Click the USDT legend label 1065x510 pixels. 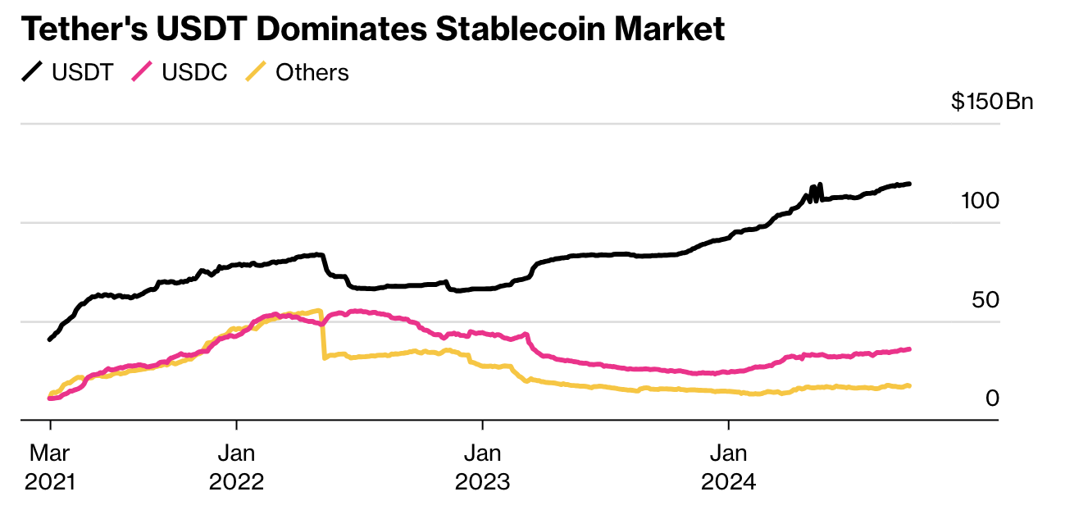[x=82, y=72]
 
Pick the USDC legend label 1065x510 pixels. [x=194, y=72]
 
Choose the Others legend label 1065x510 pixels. [x=312, y=72]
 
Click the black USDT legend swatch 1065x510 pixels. [x=32, y=72]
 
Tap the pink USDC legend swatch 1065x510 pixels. [x=143, y=72]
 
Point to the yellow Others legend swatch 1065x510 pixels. [x=257, y=72]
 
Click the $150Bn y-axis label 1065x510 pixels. [x=992, y=102]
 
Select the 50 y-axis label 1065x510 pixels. [x=985, y=300]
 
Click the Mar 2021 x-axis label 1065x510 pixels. [x=50, y=467]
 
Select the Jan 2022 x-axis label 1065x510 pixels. [x=236, y=467]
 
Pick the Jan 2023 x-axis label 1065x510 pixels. [x=482, y=467]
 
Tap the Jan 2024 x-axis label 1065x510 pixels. [x=728, y=467]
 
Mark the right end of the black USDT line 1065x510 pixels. [x=909, y=184]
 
